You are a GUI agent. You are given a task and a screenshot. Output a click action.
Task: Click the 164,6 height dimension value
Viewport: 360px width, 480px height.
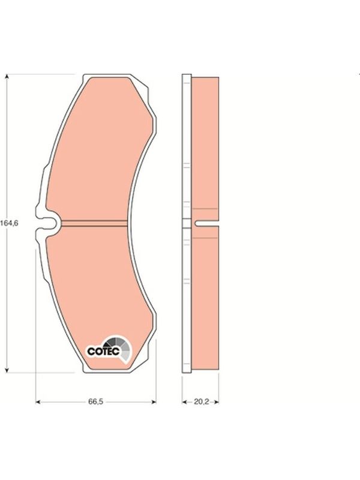coord(9,223)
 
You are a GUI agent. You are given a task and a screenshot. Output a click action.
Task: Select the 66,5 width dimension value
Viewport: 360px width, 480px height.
coord(96,401)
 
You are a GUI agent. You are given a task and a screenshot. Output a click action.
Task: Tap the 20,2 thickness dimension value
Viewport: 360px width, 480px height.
coord(201,401)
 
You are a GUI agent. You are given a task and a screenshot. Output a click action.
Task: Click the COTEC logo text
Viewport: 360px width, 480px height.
coord(103,351)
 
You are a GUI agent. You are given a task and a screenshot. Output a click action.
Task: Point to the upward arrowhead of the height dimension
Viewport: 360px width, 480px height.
coord(7,77)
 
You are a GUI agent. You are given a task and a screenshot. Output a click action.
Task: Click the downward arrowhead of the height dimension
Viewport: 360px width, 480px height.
coord(7,370)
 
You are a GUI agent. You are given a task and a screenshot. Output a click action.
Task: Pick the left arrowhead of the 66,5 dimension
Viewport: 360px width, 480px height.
coord(38,401)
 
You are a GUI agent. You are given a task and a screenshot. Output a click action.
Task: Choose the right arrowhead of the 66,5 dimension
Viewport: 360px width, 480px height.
coord(154,401)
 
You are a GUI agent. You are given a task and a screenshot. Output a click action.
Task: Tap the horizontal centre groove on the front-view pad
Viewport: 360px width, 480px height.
coord(94,223)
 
